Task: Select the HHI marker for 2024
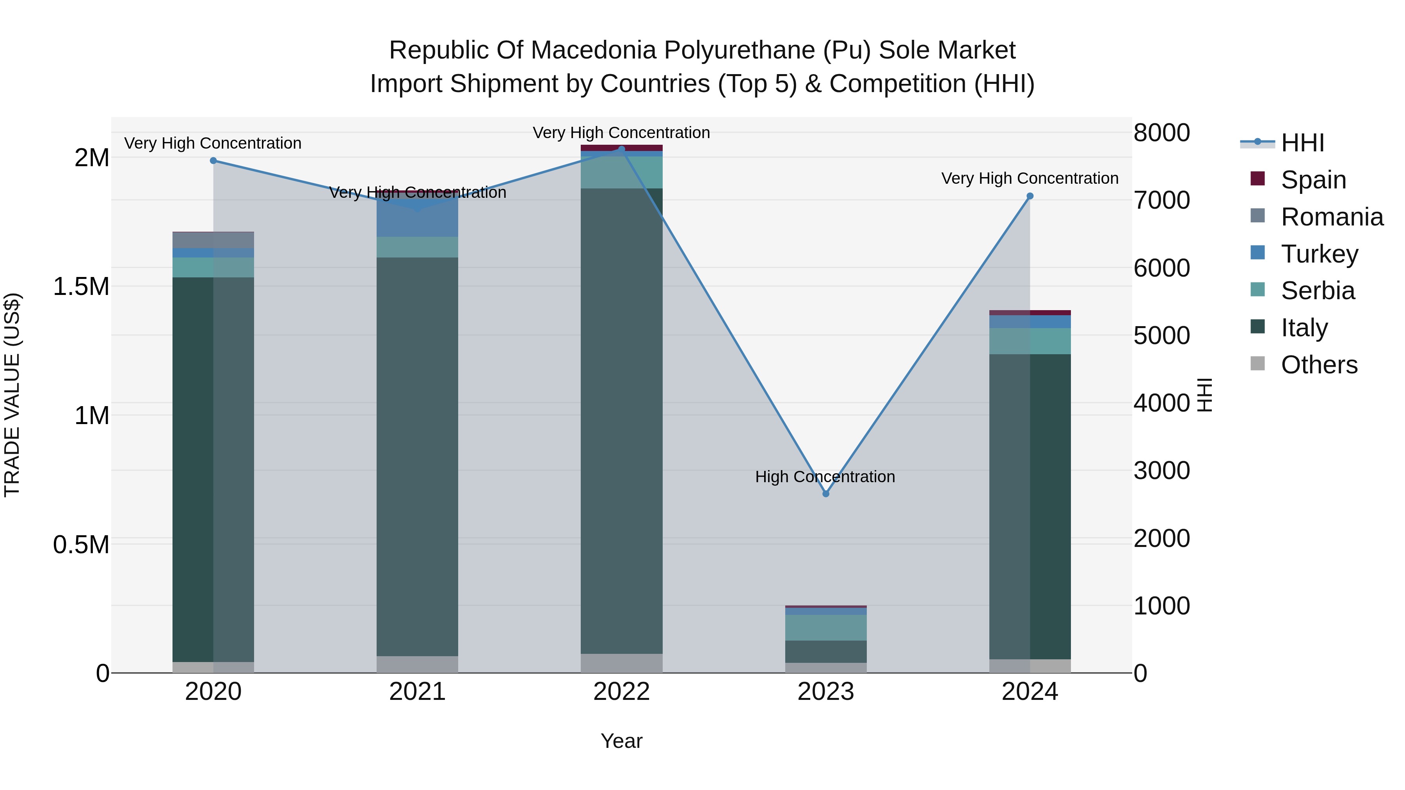[x=1030, y=196]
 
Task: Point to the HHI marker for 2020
[x=213, y=160]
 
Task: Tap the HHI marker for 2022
[x=621, y=149]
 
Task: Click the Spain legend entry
[x=1313, y=180]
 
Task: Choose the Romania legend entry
[x=1331, y=217]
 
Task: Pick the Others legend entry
[x=1318, y=365]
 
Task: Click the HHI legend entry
[x=1302, y=143]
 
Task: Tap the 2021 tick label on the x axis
[x=417, y=691]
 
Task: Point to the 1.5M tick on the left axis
[x=81, y=286]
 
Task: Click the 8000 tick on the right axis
[x=1162, y=133]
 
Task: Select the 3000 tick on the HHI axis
[x=1162, y=470]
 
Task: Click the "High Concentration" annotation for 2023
[x=825, y=476]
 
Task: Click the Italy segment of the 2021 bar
[x=417, y=456]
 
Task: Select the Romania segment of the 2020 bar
[x=213, y=240]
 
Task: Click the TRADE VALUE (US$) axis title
[x=12, y=395]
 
